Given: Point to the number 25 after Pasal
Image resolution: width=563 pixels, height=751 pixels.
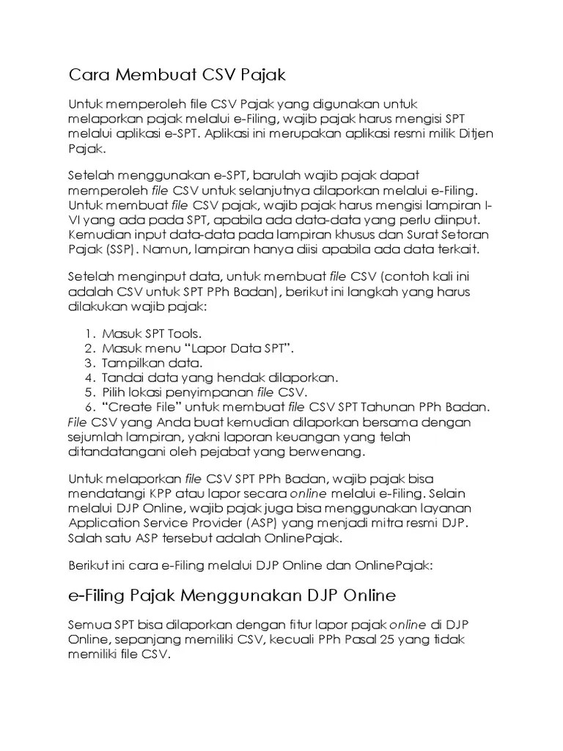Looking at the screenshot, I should (x=386, y=639).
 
